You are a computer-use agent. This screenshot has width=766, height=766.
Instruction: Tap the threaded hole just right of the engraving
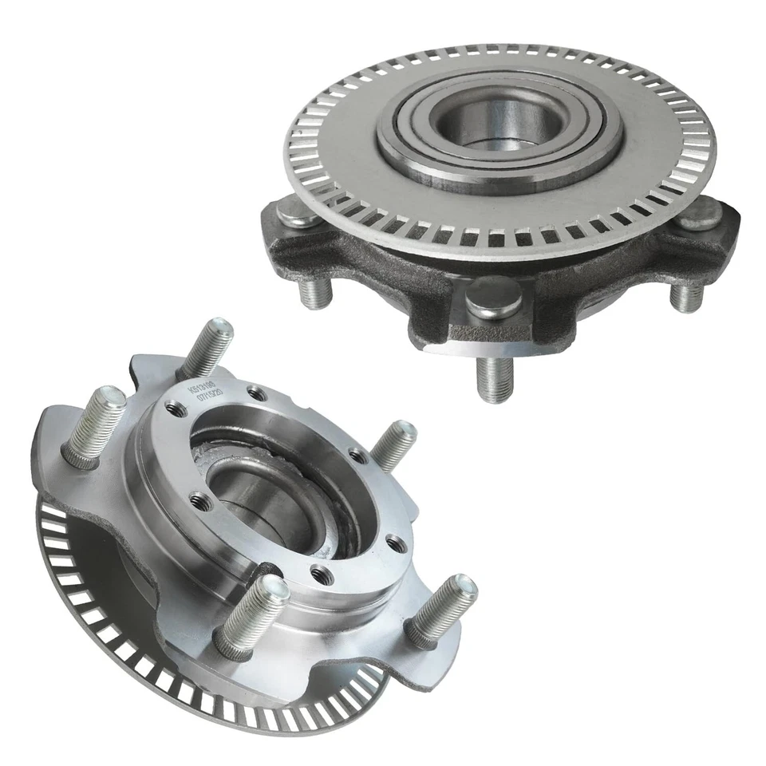tap(255, 393)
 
